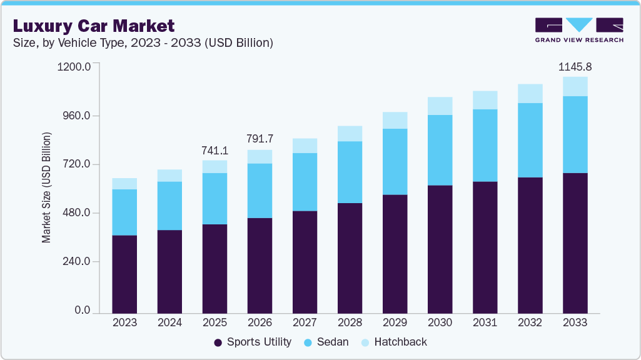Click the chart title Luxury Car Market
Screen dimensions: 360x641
point(94,26)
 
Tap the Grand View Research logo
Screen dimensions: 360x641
point(578,30)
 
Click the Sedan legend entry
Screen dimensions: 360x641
point(326,342)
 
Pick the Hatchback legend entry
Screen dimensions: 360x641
point(395,342)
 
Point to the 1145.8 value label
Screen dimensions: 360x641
point(575,66)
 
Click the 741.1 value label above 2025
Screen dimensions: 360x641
point(215,150)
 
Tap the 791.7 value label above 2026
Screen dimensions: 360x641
point(260,139)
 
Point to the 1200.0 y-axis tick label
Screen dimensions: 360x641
point(74,66)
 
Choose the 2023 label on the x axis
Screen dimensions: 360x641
point(124,322)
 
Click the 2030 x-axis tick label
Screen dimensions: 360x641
point(440,322)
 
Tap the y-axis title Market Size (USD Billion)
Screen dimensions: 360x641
point(46,187)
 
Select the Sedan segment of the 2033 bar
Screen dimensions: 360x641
point(575,134)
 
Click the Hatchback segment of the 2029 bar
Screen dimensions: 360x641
point(395,121)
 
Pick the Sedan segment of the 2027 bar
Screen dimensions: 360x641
point(305,182)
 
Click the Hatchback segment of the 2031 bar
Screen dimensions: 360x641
point(485,100)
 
